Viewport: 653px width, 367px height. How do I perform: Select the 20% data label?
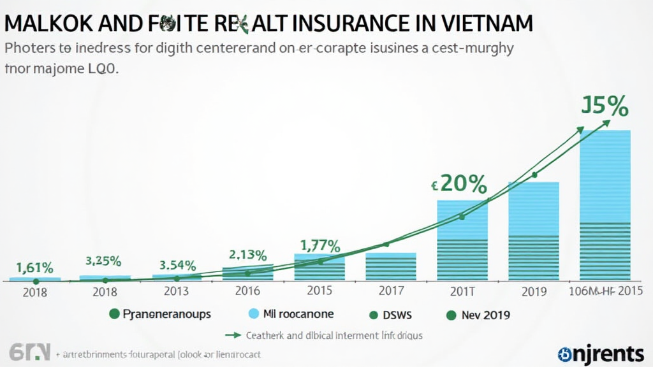click(x=459, y=184)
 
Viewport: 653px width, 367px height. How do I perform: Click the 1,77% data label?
click(x=320, y=245)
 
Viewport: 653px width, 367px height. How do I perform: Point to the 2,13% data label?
click(x=247, y=255)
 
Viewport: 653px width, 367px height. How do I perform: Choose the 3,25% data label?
click(x=103, y=261)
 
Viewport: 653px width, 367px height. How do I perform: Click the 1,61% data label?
click(x=34, y=268)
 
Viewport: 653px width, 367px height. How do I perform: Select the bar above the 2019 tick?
click(x=533, y=231)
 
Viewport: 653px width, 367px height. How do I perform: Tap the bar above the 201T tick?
click(x=462, y=240)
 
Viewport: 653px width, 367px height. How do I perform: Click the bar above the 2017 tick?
click(x=390, y=266)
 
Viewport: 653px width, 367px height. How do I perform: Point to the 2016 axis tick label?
click(x=247, y=291)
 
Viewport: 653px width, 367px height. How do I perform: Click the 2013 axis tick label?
click(x=175, y=291)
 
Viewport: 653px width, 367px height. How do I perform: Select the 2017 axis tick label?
click(x=390, y=291)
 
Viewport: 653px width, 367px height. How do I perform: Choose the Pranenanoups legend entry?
click(x=159, y=315)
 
